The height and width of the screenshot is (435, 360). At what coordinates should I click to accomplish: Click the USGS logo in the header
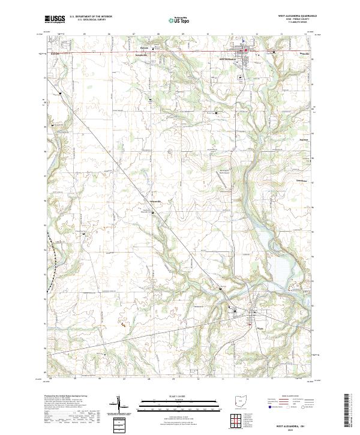[55, 19]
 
